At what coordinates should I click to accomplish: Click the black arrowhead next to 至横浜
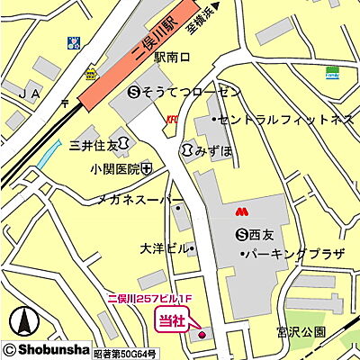(x=216, y=8)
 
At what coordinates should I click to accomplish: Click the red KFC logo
(x=172, y=118)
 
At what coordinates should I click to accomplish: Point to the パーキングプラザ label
(x=292, y=255)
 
